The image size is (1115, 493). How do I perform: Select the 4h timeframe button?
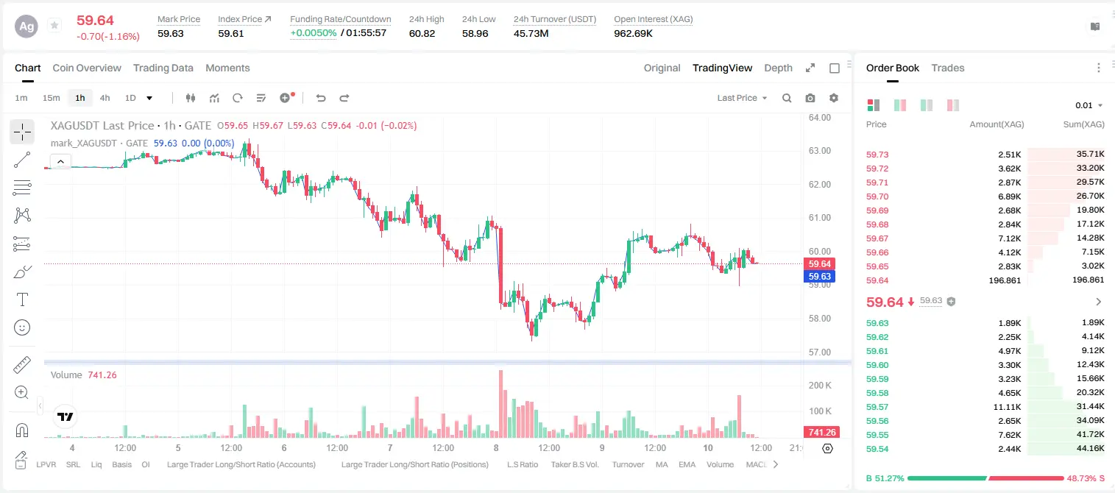(x=105, y=98)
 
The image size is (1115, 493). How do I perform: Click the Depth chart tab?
(x=778, y=68)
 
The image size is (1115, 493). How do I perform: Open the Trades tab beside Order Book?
(x=948, y=68)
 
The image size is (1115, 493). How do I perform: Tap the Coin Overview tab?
(x=87, y=68)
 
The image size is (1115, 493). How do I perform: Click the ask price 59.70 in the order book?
(x=877, y=196)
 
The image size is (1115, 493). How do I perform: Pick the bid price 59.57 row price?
(x=877, y=407)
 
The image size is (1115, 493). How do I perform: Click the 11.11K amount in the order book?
(x=1007, y=407)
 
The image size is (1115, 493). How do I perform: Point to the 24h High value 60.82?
(x=422, y=33)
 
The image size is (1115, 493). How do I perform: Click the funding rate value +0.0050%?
(x=314, y=33)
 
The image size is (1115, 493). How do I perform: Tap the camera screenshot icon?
(x=810, y=98)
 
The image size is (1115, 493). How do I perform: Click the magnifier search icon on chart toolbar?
(x=787, y=98)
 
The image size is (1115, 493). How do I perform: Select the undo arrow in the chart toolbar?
(x=321, y=98)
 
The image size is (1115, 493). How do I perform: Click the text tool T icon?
(x=22, y=299)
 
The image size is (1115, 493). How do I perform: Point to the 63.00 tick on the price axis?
(x=820, y=151)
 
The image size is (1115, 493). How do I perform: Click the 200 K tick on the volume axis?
(x=820, y=386)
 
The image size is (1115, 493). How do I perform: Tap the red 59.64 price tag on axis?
(x=819, y=263)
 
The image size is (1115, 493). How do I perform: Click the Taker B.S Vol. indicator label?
(x=574, y=464)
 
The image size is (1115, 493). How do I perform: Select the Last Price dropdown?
(x=742, y=98)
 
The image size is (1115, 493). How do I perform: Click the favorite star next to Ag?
(x=54, y=25)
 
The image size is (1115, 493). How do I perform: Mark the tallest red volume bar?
(x=500, y=404)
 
